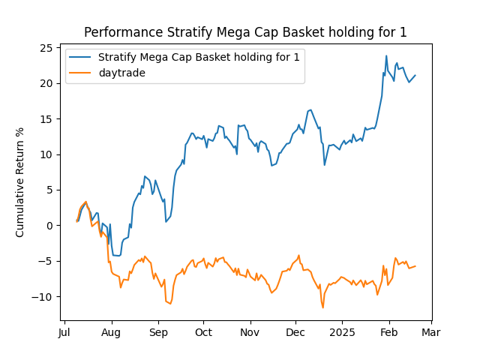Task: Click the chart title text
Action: click(x=245, y=32)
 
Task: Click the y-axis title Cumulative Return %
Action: click(x=20, y=182)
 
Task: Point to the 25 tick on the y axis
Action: click(x=46, y=48)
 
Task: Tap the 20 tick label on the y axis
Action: click(x=46, y=83)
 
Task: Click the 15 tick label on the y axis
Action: click(x=46, y=118)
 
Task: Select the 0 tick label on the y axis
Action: click(x=49, y=226)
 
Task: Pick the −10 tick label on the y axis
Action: click(x=43, y=297)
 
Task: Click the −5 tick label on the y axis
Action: click(x=45, y=261)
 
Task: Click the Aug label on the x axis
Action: click(x=111, y=332)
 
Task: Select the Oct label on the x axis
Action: click(x=203, y=332)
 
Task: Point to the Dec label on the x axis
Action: click(x=295, y=332)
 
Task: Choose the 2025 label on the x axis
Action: click(x=343, y=332)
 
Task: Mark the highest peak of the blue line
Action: click(x=386, y=55)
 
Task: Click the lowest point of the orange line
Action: click(x=323, y=307)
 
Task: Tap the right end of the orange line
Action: click(x=415, y=266)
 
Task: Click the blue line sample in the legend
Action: click(x=82, y=57)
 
